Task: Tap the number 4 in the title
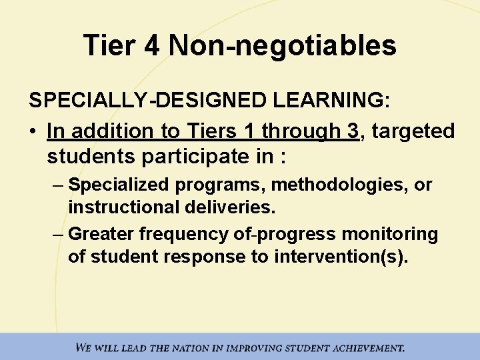(151, 46)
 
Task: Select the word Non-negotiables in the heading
(283, 46)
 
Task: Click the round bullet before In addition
(34, 131)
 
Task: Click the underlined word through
(301, 131)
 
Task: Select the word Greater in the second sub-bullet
(97, 234)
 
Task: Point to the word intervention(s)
(340, 257)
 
